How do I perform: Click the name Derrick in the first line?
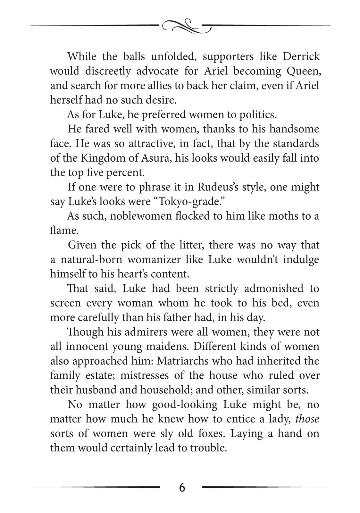click(x=301, y=56)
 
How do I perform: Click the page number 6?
click(x=182, y=487)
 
